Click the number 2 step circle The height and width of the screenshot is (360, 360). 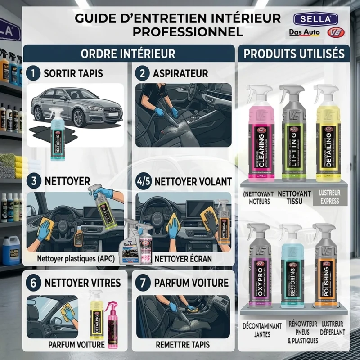pyautogui.click(x=142, y=73)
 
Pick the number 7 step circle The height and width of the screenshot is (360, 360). pyautogui.click(x=142, y=283)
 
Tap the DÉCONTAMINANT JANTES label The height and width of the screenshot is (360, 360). pyautogui.click(x=262, y=329)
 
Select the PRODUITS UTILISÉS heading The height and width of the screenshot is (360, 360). pyautogui.click(x=294, y=54)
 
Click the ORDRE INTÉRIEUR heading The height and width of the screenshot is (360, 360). pyautogui.click(x=128, y=54)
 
